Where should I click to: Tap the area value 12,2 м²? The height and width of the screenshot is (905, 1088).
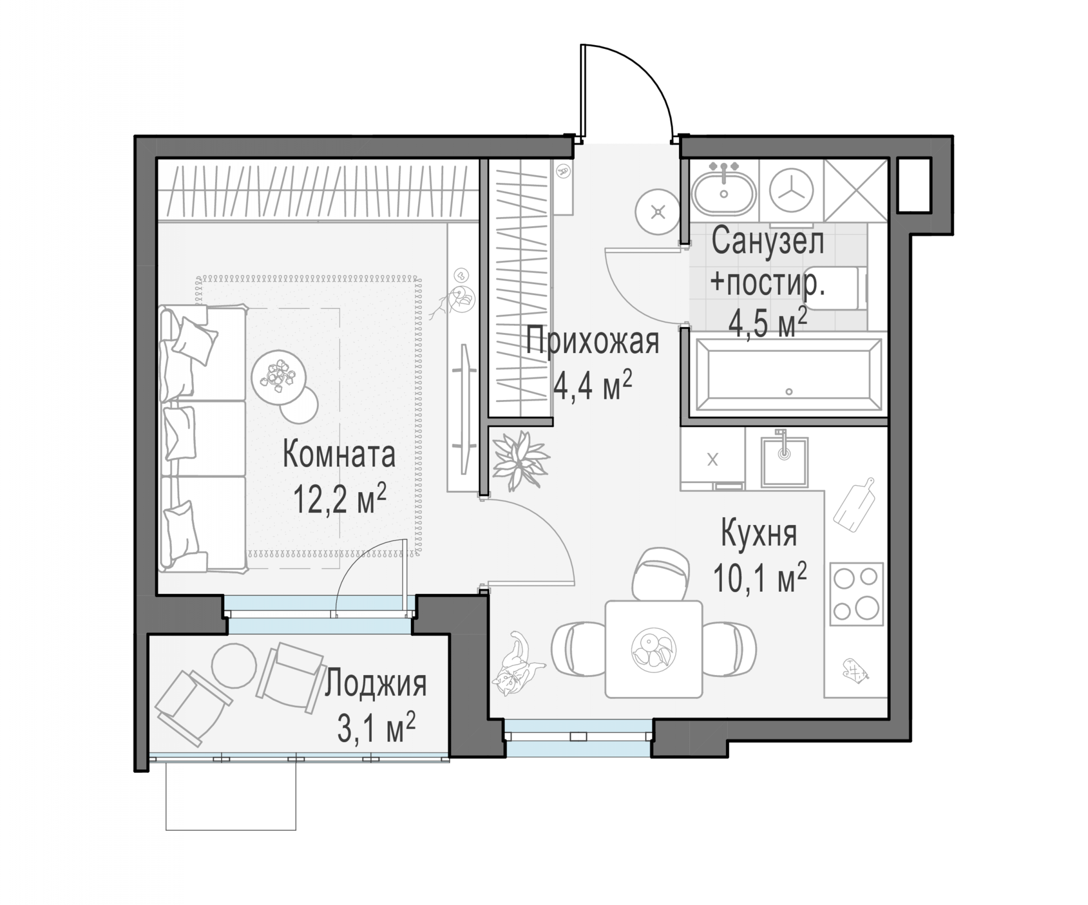click(340, 498)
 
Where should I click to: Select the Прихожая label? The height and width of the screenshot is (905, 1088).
click(593, 342)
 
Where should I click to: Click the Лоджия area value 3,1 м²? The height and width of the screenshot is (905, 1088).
click(377, 727)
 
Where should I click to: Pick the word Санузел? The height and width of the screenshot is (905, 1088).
click(768, 242)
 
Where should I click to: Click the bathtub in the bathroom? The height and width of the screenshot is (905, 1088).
click(789, 375)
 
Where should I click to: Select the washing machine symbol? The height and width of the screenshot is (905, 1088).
click(791, 191)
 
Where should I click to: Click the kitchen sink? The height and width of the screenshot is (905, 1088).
click(785, 461)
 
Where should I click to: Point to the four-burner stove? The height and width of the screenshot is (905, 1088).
click(856, 594)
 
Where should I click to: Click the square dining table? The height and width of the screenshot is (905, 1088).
click(654, 649)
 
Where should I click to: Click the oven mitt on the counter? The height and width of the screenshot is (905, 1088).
click(856, 669)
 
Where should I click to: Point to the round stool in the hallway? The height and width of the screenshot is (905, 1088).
click(658, 211)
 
